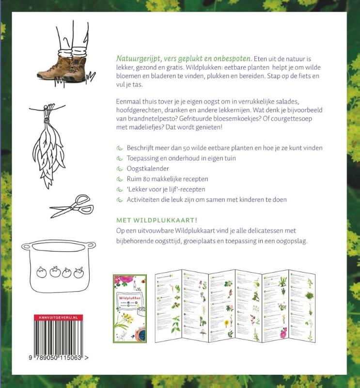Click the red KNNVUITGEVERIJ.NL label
tap(58, 317)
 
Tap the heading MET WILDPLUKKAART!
tap(154, 219)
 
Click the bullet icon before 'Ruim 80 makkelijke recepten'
tap(120, 179)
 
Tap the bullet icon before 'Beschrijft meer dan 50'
tap(120, 147)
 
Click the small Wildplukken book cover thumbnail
tap(129, 309)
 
